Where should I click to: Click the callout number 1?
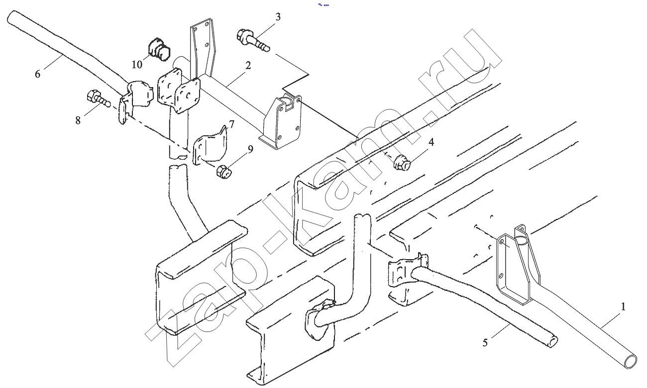pyautogui.click(x=623, y=306)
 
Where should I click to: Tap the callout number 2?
pyautogui.click(x=248, y=65)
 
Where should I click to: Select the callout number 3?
pyautogui.click(x=278, y=17)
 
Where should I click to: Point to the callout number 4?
pyautogui.click(x=431, y=142)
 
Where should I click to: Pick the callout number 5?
pyautogui.click(x=485, y=342)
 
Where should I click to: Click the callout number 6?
pyautogui.click(x=37, y=74)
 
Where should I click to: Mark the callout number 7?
pyautogui.click(x=231, y=123)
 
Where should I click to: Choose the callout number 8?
pyautogui.click(x=78, y=120)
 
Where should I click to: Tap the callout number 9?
pyautogui.click(x=250, y=148)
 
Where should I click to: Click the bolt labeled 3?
pyautogui.click(x=253, y=40)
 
